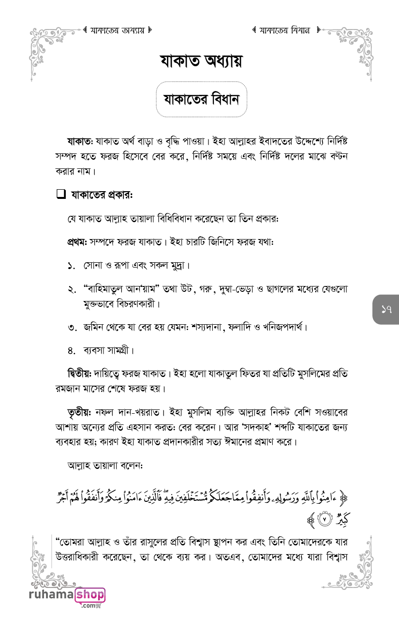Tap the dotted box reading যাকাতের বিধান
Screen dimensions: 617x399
(x=201, y=100)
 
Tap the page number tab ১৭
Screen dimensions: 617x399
(x=386, y=310)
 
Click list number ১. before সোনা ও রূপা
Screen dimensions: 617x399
(x=72, y=266)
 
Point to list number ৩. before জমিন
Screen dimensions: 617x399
(x=72, y=328)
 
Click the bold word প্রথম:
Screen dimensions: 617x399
(x=76, y=241)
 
